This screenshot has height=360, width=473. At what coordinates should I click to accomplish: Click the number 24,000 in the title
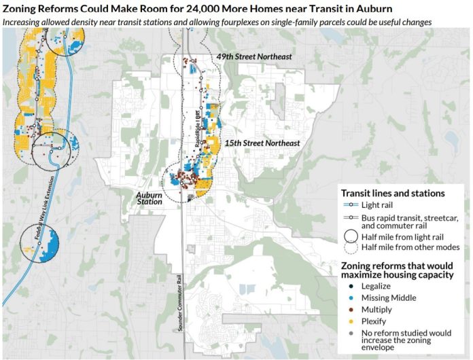tap(219, 8)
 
